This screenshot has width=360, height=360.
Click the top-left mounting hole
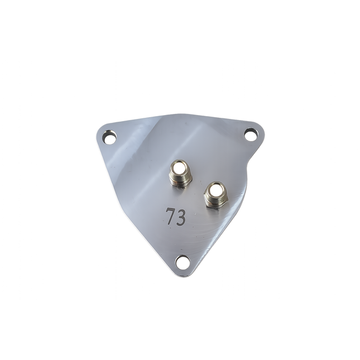pyautogui.click(x=111, y=137)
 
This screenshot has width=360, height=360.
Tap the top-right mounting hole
pyautogui.click(x=251, y=134)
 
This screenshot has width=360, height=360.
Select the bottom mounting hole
pyautogui.click(x=183, y=261)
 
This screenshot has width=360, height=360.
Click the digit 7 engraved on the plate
pyautogui.click(x=170, y=217)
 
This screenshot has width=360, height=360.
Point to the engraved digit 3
pyautogui.click(x=181, y=218)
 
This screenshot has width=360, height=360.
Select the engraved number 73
pyautogui.click(x=175, y=217)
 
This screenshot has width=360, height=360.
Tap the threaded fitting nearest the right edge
pyautogui.click(x=215, y=194)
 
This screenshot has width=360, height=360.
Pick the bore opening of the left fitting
pyautogui.click(x=180, y=166)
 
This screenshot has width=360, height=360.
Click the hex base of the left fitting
pyautogui.click(x=180, y=181)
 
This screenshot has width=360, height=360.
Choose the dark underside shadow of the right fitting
pyautogui.click(x=215, y=207)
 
